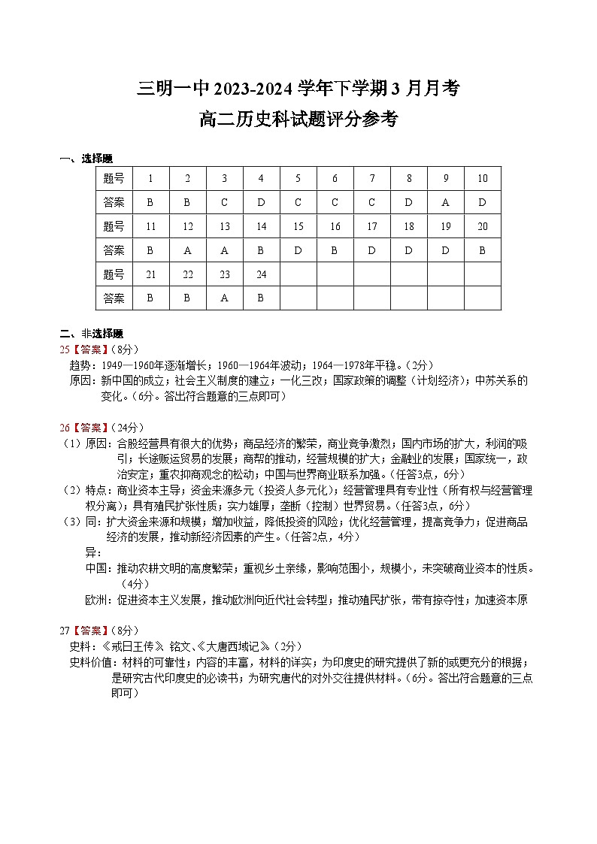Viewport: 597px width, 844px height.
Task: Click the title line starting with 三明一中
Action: [x=298, y=89]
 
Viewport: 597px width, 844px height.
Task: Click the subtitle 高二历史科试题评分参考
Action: [x=298, y=119]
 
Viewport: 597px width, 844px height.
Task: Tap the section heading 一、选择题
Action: [x=86, y=159]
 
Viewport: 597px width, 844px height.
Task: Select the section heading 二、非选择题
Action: [x=91, y=334]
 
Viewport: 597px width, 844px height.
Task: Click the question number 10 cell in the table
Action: [x=482, y=179]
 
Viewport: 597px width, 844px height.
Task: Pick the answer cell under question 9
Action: [x=445, y=203]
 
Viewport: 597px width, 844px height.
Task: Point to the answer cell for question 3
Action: [x=224, y=203]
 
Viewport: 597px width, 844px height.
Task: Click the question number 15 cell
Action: [x=298, y=227]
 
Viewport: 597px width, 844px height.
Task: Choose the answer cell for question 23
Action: [x=224, y=298]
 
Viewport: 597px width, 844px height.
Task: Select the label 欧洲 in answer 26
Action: [x=96, y=600]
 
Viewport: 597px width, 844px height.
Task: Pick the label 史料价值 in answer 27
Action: [x=89, y=662]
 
